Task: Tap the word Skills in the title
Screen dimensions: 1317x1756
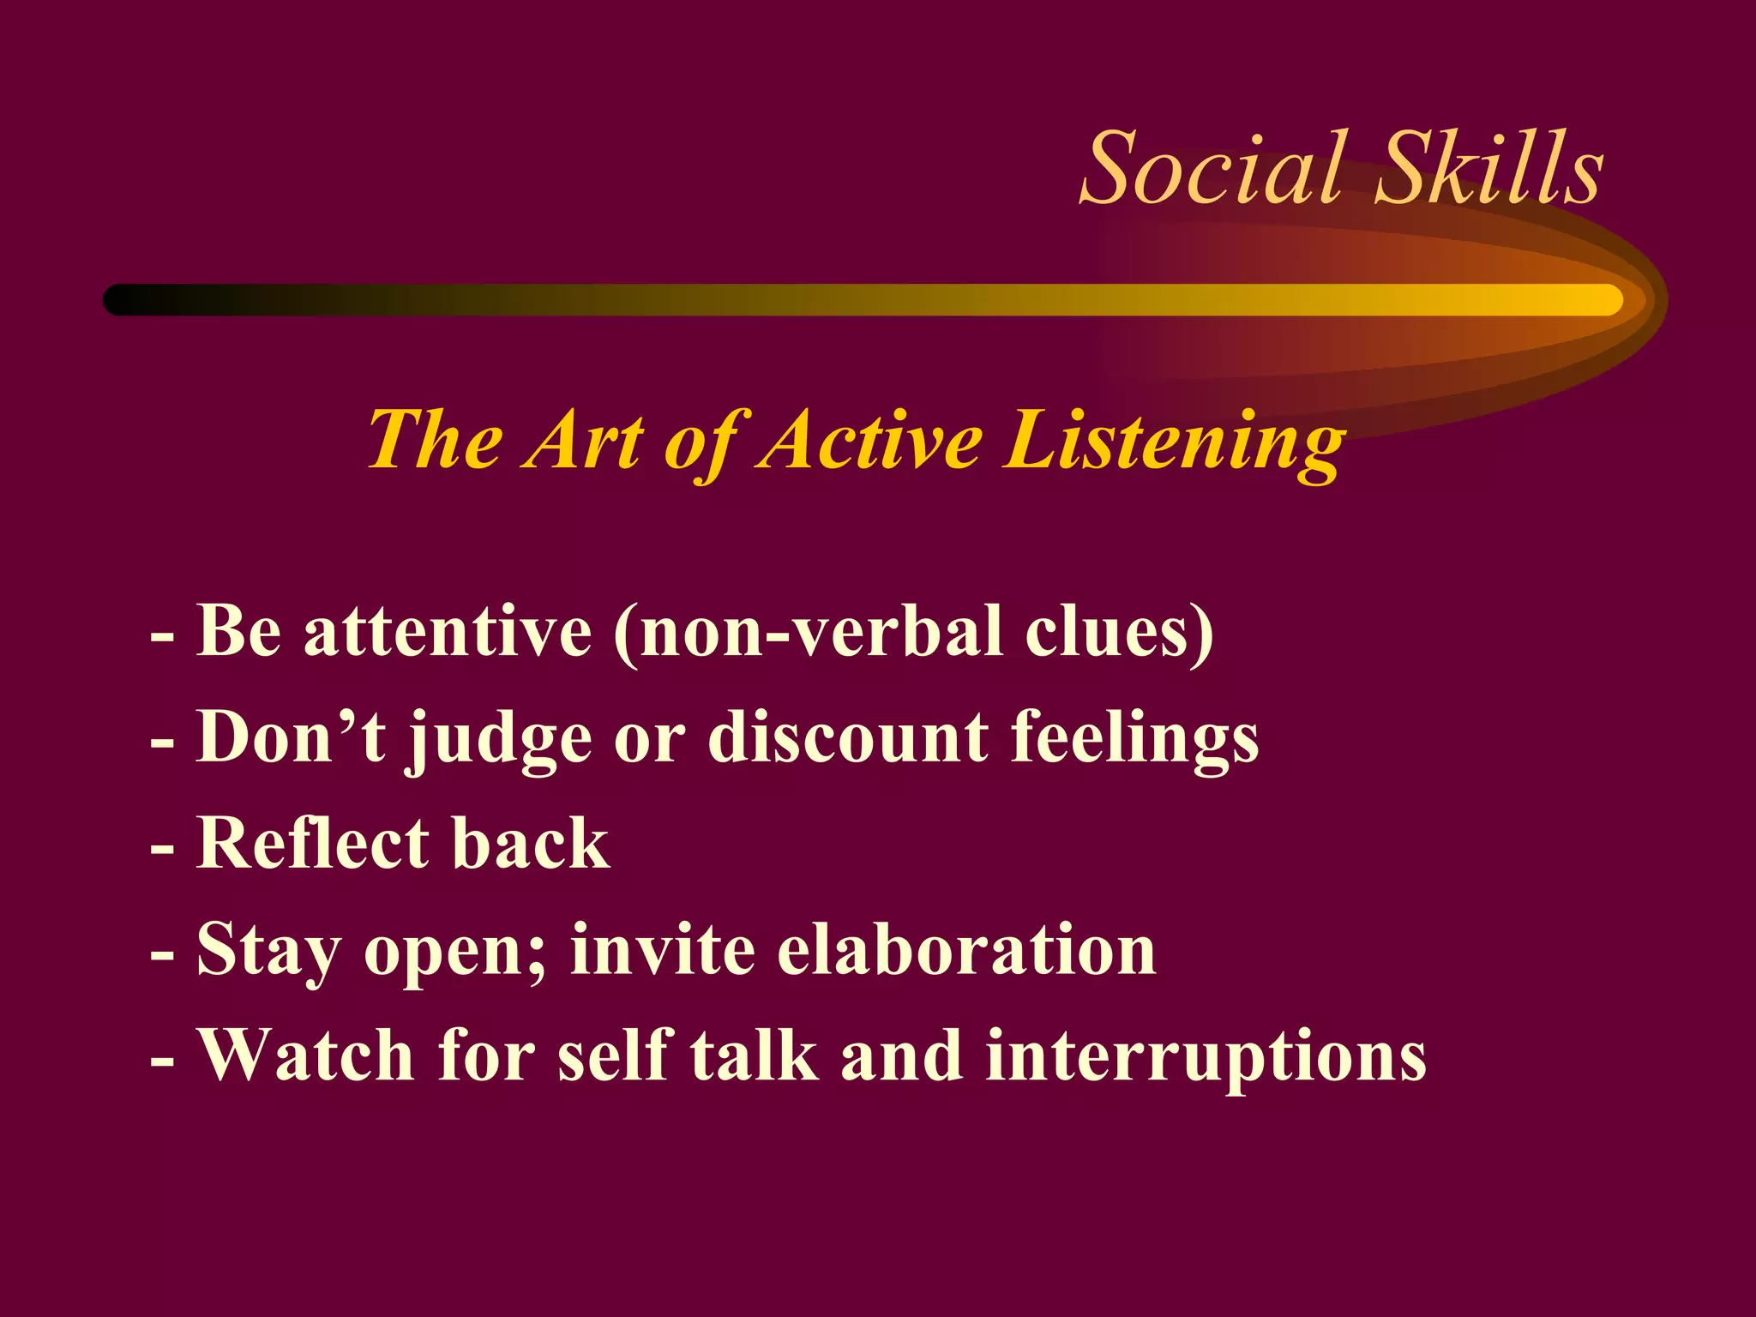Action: coord(1490,169)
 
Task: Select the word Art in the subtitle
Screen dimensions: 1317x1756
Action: coord(584,442)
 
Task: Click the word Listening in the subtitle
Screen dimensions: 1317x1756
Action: coord(1174,442)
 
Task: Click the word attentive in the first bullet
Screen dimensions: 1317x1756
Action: coord(448,632)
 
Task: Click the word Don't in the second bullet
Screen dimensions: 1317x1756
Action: coord(291,737)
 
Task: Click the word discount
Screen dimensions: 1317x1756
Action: coord(848,737)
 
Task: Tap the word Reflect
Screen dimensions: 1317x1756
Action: coord(313,844)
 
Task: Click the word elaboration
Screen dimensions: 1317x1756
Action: coord(966,950)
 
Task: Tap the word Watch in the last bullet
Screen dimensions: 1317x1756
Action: coord(306,1056)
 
